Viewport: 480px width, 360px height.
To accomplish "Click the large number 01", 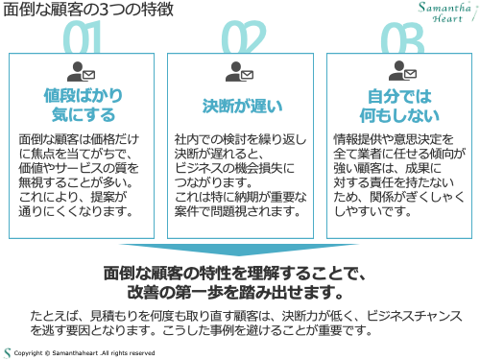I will point(83,40).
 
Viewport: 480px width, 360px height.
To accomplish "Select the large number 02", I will point(240,40).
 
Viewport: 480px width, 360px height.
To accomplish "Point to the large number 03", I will point(398,40).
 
